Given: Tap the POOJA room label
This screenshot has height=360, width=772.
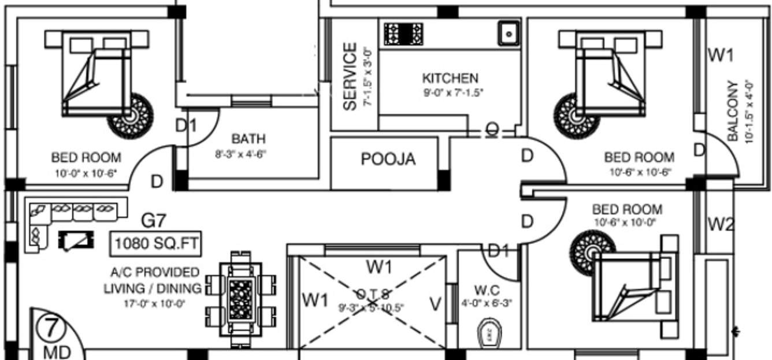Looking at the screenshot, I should click(388, 159).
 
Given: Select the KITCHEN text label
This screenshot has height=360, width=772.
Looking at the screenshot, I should click(450, 78).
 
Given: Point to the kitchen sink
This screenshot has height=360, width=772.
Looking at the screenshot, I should click(509, 33).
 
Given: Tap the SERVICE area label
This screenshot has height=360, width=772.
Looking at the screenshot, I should click(350, 76).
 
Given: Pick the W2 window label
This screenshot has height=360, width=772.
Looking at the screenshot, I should click(720, 224).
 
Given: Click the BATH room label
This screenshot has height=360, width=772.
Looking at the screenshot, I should click(248, 139).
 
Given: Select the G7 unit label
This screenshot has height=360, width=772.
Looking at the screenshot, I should click(154, 221).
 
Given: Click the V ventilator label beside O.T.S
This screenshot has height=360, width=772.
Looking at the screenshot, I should click(436, 303).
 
